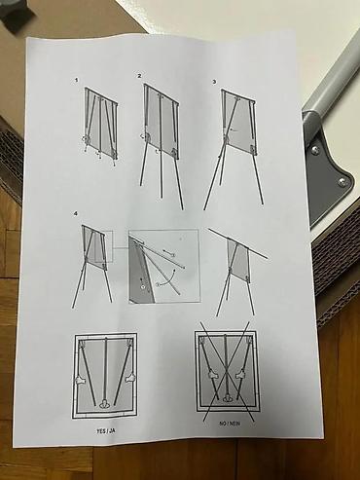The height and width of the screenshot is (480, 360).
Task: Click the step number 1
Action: (x=76, y=79)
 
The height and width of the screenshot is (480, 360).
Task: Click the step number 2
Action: (x=139, y=75)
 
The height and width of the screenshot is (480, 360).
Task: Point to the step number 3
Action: (x=214, y=81)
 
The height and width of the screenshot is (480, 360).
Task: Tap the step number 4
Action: (x=75, y=213)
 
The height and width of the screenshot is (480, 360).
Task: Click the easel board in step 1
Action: (x=100, y=123)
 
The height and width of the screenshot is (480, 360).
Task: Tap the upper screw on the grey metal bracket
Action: (x=315, y=148)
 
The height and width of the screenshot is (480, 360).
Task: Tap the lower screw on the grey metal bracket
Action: (x=342, y=181)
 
